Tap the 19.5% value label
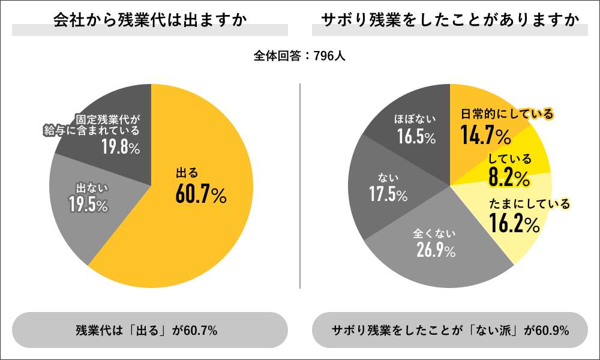[x=88, y=205]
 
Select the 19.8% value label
[x=120, y=148]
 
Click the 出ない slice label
[x=88, y=187]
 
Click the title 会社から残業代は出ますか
[x=150, y=20]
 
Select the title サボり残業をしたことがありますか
[x=450, y=20]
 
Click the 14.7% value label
[x=485, y=136]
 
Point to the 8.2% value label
[x=509, y=178]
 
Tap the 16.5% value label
[x=416, y=137]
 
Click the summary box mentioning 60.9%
[x=450, y=330]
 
